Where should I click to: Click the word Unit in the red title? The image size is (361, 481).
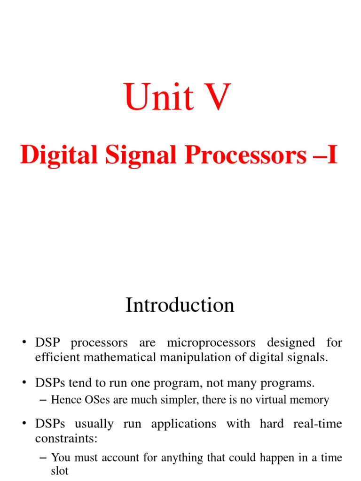pos(159,97)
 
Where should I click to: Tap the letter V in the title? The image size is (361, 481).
pos(215,97)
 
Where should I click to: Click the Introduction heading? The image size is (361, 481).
pos(180,305)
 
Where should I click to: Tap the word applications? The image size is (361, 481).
pos(184,424)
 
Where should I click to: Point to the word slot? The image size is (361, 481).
pos(60,471)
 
